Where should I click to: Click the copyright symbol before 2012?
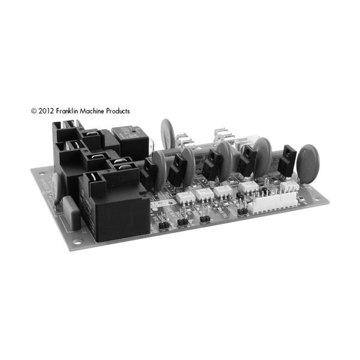click(x=34, y=111)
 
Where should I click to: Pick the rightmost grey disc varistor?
click(x=308, y=163)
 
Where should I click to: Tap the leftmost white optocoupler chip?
click(x=184, y=196)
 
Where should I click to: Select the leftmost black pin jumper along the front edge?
click(x=161, y=225)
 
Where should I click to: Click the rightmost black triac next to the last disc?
click(x=288, y=160)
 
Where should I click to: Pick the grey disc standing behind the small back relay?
click(x=167, y=131)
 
